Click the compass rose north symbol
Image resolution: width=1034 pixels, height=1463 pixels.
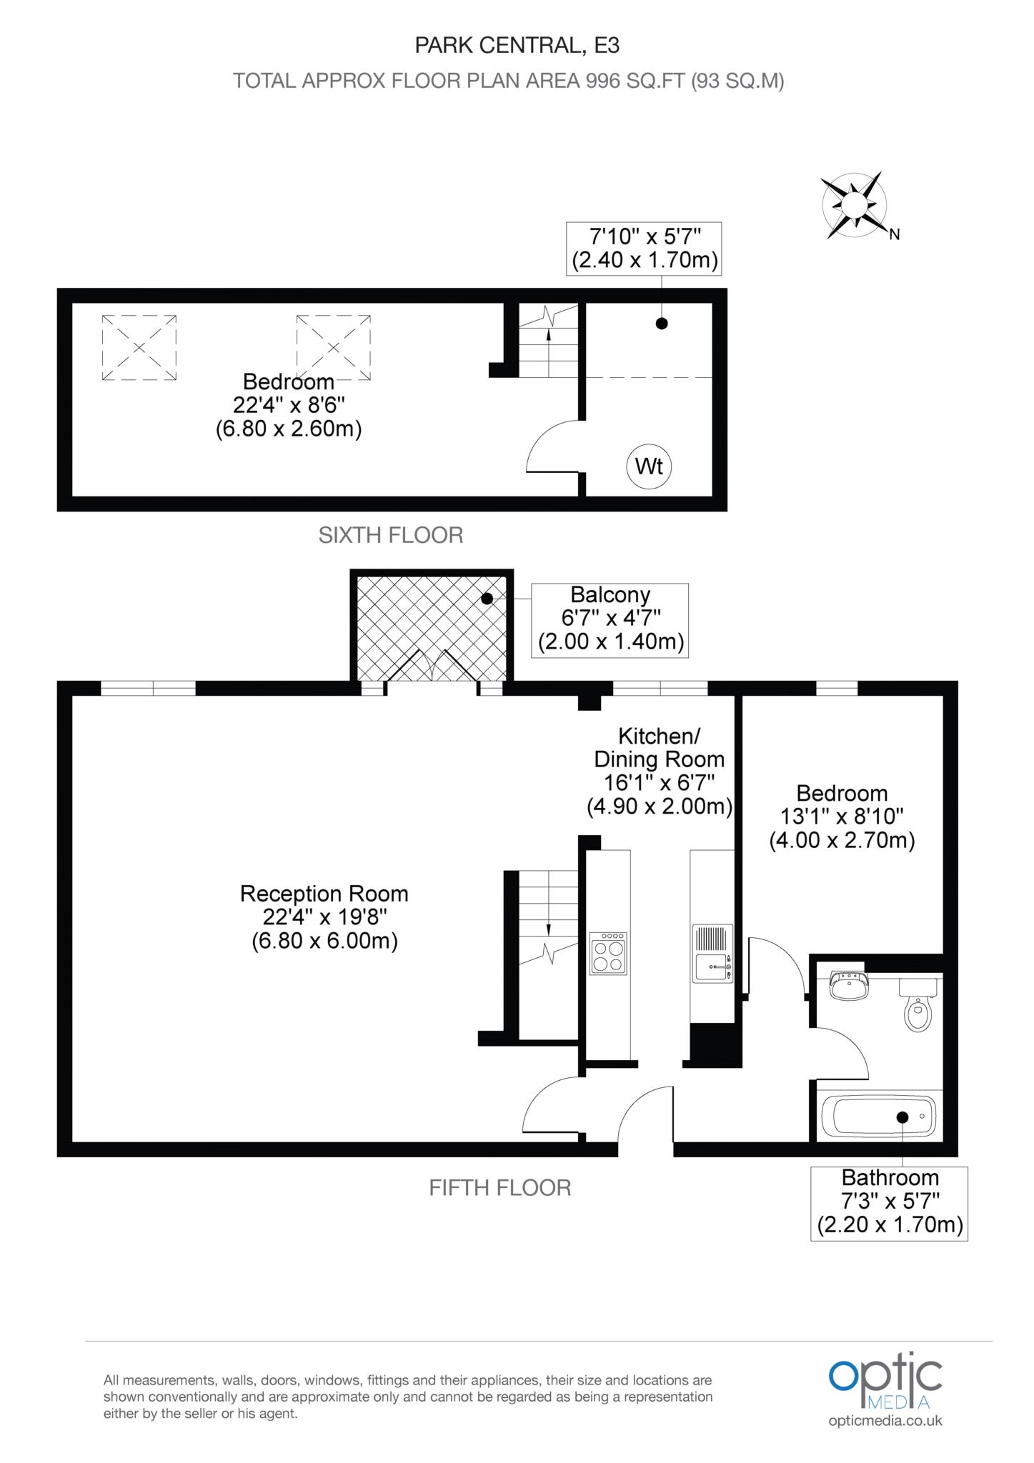click(853, 205)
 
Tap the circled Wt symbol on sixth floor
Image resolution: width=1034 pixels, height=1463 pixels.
click(649, 466)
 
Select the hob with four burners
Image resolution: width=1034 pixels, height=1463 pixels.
click(607, 953)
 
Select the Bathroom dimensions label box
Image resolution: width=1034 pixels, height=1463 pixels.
click(889, 1202)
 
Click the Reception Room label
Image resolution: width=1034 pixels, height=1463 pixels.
click(324, 917)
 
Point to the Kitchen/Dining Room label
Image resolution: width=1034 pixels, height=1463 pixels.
click(660, 772)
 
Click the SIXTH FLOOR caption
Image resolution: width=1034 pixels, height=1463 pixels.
click(391, 535)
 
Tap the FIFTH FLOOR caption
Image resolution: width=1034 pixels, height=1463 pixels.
click(499, 1188)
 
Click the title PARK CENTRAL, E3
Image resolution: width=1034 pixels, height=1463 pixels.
click(517, 46)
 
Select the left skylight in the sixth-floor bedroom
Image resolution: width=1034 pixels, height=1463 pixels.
click(139, 348)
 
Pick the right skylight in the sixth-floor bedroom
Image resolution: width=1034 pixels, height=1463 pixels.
click(334, 348)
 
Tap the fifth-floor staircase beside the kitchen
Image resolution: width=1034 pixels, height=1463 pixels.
click(548, 954)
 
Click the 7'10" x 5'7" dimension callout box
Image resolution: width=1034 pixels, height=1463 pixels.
click(643, 248)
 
